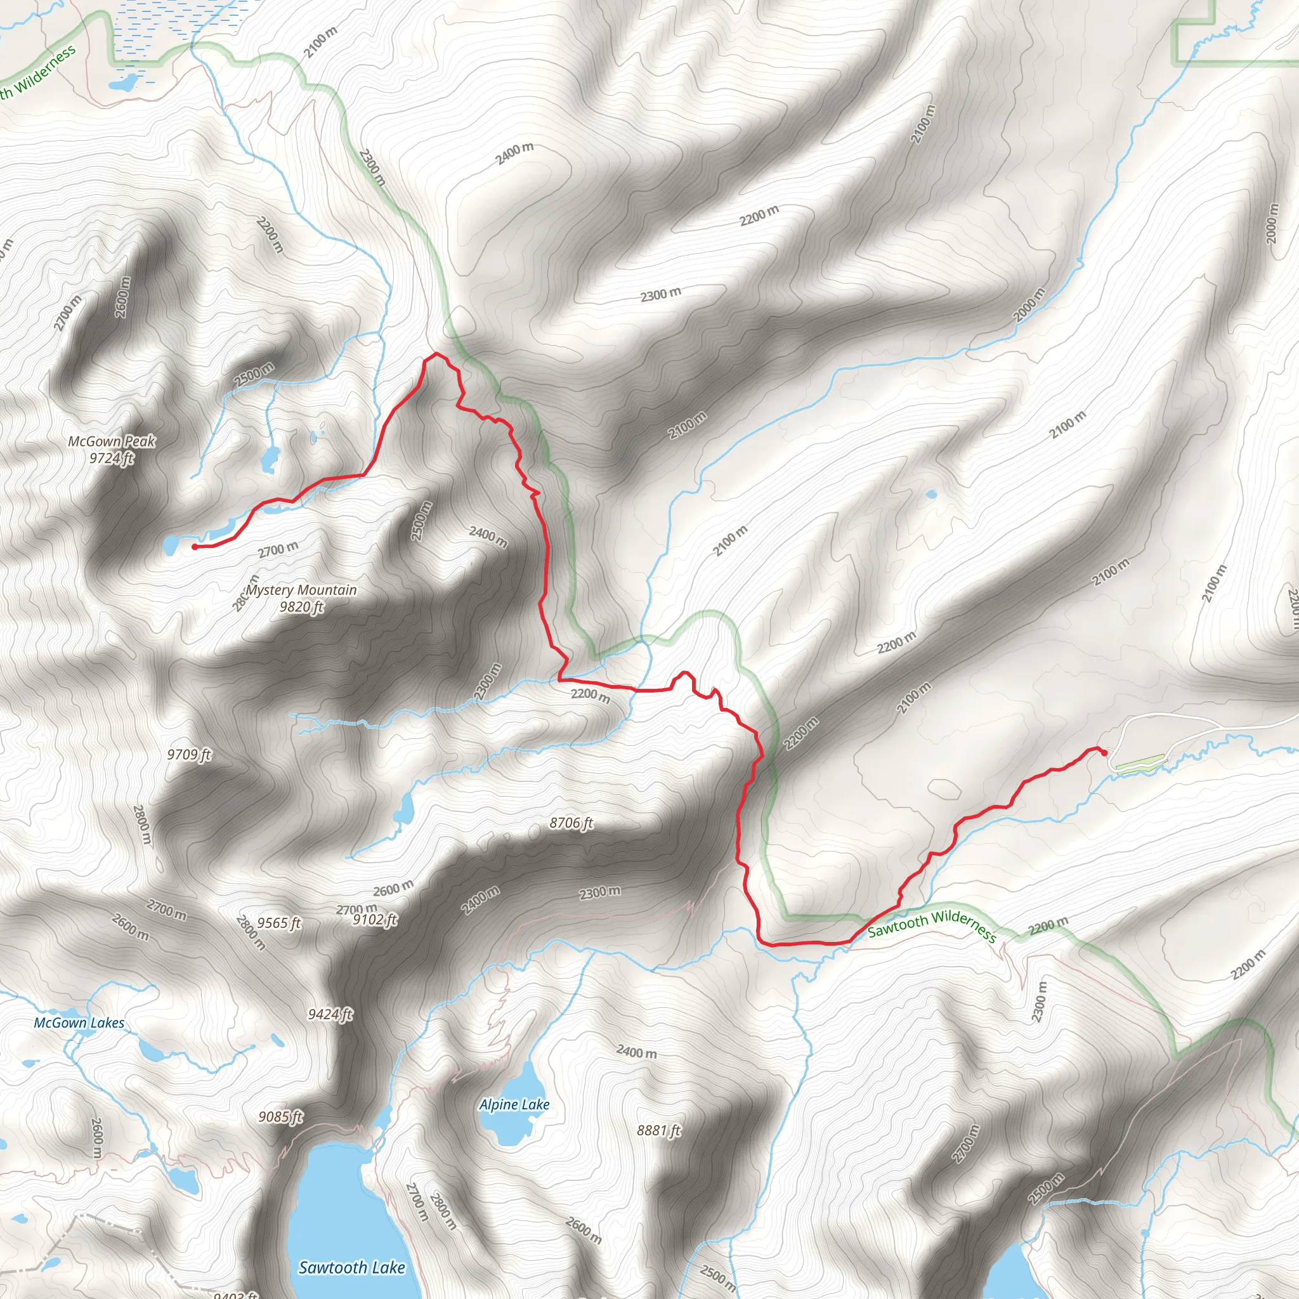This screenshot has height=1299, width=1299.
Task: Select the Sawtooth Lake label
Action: (351, 1267)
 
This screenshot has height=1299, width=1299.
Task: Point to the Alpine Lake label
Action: (514, 1105)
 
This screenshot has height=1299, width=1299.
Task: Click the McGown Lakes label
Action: (79, 1022)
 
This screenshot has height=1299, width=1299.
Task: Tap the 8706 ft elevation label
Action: (571, 823)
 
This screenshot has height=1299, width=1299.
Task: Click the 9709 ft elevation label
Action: (189, 754)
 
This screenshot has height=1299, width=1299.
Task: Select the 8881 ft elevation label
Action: (659, 1130)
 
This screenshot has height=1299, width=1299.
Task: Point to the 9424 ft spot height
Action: (330, 1014)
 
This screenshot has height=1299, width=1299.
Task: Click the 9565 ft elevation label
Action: (279, 923)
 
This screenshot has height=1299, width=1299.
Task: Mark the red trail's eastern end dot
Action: (1104, 752)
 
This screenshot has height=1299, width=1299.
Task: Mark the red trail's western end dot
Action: (195, 547)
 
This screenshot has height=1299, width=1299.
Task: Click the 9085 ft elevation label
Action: (281, 1117)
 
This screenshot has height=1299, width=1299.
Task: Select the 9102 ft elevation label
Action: (375, 920)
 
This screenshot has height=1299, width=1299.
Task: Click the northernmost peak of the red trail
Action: (436, 353)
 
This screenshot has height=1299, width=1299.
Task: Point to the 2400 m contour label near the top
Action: (514, 153)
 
